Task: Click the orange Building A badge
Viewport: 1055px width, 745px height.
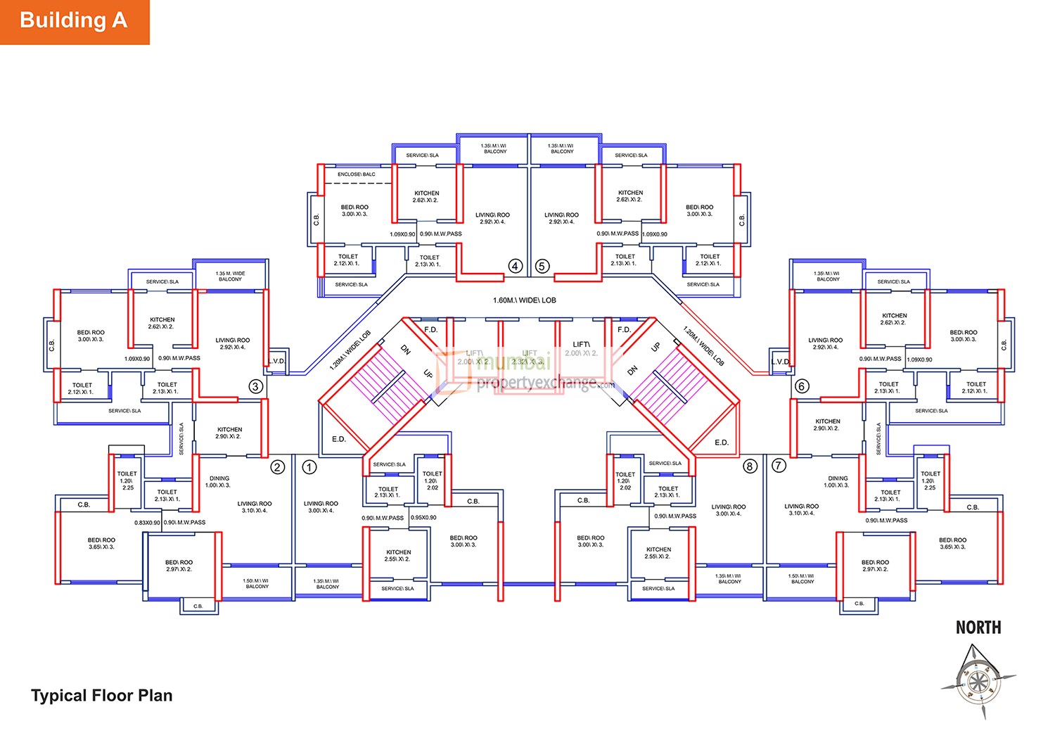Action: coord(74,21)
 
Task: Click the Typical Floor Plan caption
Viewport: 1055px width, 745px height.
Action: coord(102,696)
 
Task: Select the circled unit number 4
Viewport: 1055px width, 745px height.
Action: coord(516,266)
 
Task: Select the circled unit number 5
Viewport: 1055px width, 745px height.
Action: coord(542,266)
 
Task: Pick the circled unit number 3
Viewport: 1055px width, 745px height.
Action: coord(256,386)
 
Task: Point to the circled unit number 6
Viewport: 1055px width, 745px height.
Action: coord(801,386)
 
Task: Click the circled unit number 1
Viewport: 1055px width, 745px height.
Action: coord(309,467)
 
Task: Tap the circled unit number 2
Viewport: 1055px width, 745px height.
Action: coord(278,467)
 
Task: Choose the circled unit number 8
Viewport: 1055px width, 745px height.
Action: coord(750,466)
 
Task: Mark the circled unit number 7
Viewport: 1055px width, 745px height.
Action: coord(778,466)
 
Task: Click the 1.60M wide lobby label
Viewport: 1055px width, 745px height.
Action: coord(524,300)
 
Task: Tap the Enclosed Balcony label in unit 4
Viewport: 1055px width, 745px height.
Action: coord(357,174)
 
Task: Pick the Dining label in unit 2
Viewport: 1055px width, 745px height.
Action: coord(219,478)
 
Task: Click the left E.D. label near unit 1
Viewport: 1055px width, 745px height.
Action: coord(339,439)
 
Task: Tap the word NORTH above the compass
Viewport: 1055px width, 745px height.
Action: coord(978,628)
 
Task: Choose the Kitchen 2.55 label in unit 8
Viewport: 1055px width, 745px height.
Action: coord(658,553)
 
